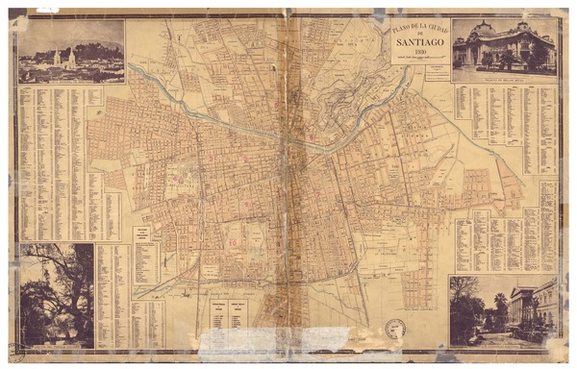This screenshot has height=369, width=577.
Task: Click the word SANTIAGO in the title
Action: pos(419,43)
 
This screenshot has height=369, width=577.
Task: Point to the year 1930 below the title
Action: pos(419,55)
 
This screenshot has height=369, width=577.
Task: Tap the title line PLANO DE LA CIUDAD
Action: pos(419,31)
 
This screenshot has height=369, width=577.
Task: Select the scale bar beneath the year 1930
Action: pos(419,62)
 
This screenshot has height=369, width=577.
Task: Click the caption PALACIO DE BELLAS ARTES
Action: pos(504,83)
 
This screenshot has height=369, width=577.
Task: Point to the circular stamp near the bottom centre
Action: pos(394,330)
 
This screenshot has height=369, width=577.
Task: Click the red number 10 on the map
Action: pos(234,246)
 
